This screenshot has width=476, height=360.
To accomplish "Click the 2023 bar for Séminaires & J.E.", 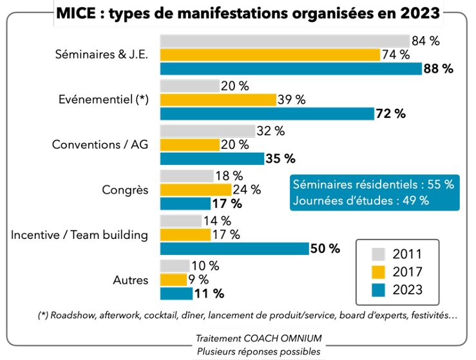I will [290, 68].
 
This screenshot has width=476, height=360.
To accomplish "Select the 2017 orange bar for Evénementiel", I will [217, 100].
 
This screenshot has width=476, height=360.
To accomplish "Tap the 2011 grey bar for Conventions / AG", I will [207, 131].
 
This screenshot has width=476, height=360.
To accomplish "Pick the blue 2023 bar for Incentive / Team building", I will [233, 249].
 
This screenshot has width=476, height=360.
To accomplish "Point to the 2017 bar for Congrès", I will [195, 190].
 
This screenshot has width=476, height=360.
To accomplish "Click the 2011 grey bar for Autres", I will [175, 265].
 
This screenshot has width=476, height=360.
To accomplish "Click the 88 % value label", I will [439, 68].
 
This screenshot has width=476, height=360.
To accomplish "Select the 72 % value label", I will [390, 113].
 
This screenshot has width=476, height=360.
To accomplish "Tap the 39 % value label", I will [291, 100].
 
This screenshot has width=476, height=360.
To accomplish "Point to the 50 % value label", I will [325, 249].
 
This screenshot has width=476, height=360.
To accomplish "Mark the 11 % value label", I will [209, 294].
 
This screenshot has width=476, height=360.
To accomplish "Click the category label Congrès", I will [125, 190].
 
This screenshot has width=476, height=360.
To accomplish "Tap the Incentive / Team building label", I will [79, 235].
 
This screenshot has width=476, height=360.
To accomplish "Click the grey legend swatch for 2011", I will [379, 252].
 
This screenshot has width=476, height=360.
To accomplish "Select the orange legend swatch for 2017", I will [379, 271].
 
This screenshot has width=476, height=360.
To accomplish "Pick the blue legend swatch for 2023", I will [379, 290].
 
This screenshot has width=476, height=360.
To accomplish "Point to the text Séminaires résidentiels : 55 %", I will [373, 184].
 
